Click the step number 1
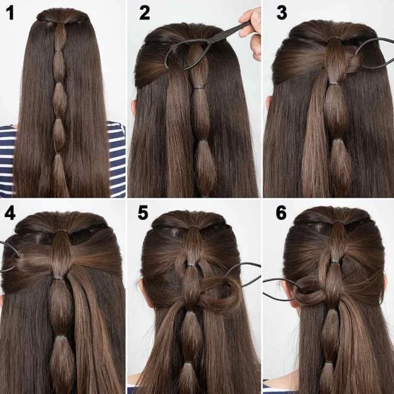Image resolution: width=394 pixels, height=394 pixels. tap(10, 13)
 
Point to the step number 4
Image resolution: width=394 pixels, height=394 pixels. tap(10, 213)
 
